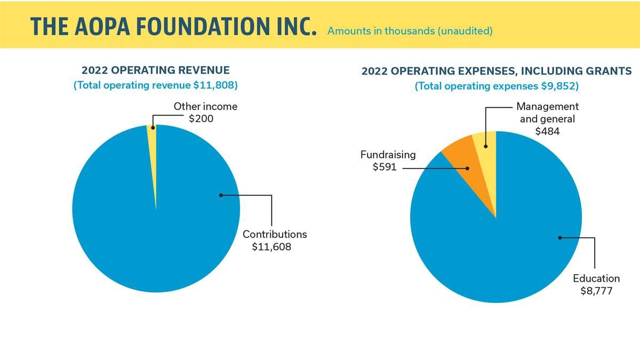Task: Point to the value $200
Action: (201, 118)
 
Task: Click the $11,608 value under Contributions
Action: (271, 246)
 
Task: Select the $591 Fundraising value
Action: (384, 167)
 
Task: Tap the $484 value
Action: (547, 131)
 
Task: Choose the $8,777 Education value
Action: (596, 291)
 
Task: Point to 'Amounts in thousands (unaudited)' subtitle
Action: (410, 31)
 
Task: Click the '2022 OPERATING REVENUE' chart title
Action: (156, 70)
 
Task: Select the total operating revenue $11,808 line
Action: (156, 85)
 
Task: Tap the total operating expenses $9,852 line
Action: (497, 86)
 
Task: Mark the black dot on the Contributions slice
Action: (221, 195)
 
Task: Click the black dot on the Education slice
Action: (559, 238)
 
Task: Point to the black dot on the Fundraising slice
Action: (468, 168)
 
